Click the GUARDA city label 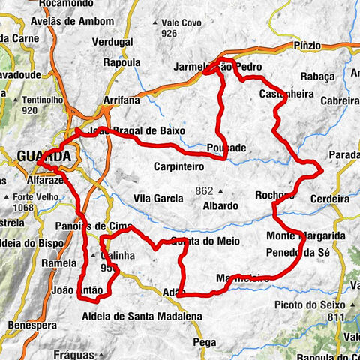pos(44,156)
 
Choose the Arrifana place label pos(123,99)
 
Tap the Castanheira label pos(280,94)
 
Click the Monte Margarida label pos(305,236)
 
